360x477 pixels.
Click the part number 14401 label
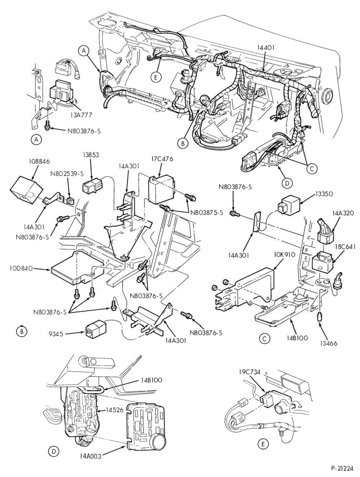coord(266,47)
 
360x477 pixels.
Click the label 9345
coord(56,334)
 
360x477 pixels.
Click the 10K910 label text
coord(284,255)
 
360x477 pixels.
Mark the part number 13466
coord(328,343)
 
